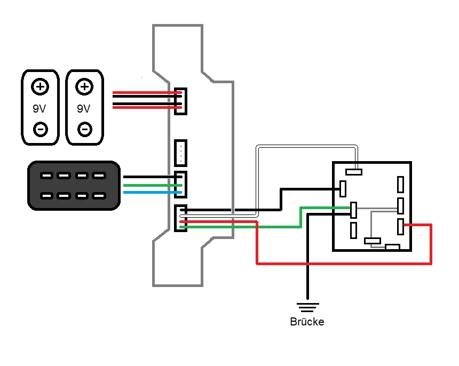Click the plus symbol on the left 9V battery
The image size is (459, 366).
[39, 86]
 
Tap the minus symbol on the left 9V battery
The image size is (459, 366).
[39, 129]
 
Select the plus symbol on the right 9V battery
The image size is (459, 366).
[84, 86]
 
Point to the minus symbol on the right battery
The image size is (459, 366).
[84, 129]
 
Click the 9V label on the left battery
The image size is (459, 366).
[39, 108]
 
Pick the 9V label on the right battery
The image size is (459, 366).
[83, 108]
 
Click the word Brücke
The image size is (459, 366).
[307, 322]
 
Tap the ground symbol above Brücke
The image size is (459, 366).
[307, 307]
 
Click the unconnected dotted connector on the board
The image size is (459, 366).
[181, 153]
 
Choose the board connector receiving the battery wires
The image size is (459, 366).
[181, 100]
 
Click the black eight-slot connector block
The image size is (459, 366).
[74, 186]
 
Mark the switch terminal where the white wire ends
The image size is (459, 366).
[353, 172]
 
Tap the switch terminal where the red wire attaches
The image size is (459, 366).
[401, 226]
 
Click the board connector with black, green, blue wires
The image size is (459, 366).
[180, 184]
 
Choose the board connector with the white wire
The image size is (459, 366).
[180, 218]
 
